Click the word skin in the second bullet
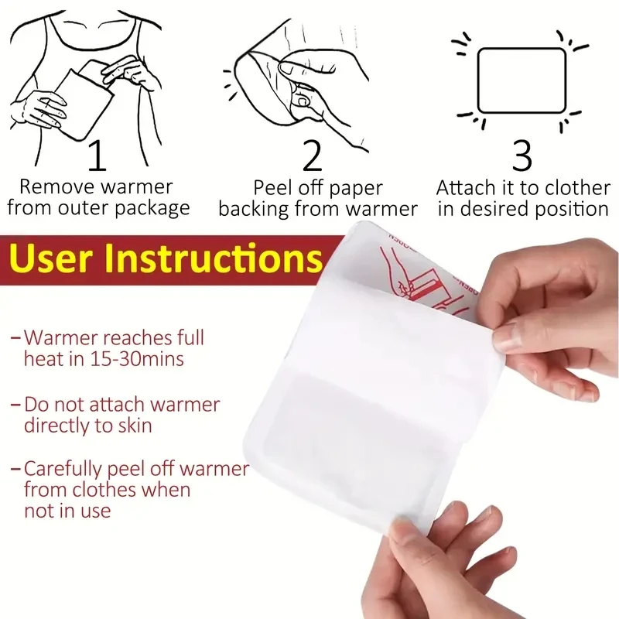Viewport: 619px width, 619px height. [133, 425]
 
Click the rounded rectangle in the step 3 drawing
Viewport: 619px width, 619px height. [523, 80]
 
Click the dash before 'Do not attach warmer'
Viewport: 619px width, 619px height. [16, 404]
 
